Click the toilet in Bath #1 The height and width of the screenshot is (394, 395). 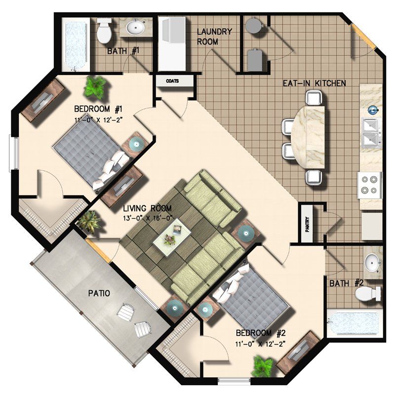tap(104, 31)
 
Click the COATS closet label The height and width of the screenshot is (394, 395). tap(172, 81)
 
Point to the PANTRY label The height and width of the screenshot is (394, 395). tap(307, 223)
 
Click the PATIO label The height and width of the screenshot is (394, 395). tap(99, 293)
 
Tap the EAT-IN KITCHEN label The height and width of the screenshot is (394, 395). tap(314, 83)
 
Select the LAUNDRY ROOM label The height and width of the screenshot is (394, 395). tap(214, 37)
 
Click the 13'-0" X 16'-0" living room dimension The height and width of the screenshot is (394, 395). tap(148, 217)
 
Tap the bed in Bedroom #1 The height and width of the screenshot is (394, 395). tap(93, 154)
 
